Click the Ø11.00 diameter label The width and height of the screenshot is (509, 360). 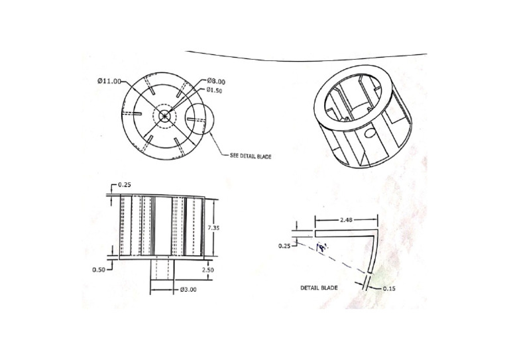109,81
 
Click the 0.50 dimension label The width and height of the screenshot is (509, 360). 100,270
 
